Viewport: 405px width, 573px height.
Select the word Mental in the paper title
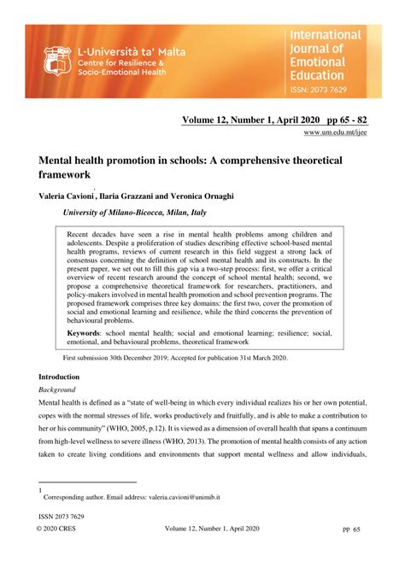point(60,160)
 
